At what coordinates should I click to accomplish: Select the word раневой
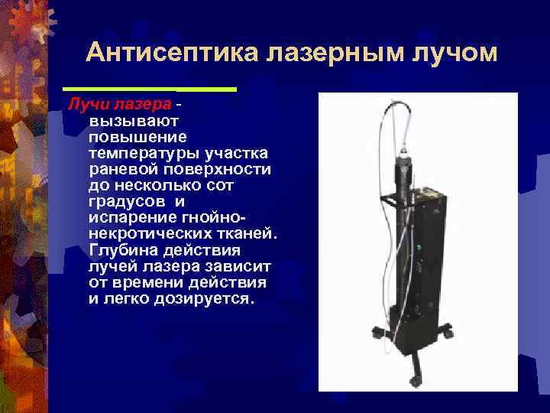122,167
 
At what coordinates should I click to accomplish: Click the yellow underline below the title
150,89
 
